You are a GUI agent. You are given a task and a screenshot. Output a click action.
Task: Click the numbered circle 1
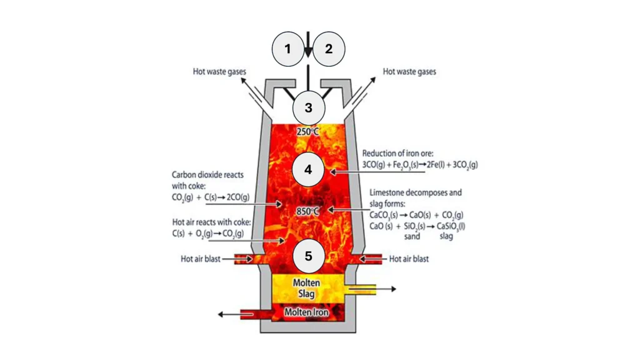(x=288, y=49)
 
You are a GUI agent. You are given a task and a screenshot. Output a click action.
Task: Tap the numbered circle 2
(x=329, y=49)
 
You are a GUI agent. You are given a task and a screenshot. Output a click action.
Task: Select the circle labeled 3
(x=309, y=107)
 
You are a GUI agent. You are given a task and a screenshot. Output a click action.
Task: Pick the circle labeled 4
(x=309, y=169)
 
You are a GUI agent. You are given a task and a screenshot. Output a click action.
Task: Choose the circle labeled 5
(x=309, y=256)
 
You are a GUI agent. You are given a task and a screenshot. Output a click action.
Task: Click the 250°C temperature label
(x=309, y=132)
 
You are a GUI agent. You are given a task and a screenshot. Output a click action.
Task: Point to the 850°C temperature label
(x=309, y=211)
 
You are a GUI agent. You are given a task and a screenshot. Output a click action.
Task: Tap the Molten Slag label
(x=307, y=288)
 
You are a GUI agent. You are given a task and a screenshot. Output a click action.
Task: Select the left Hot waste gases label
(x=219, y=72)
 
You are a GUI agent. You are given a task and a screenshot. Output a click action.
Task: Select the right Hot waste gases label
(x=409, y=72)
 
